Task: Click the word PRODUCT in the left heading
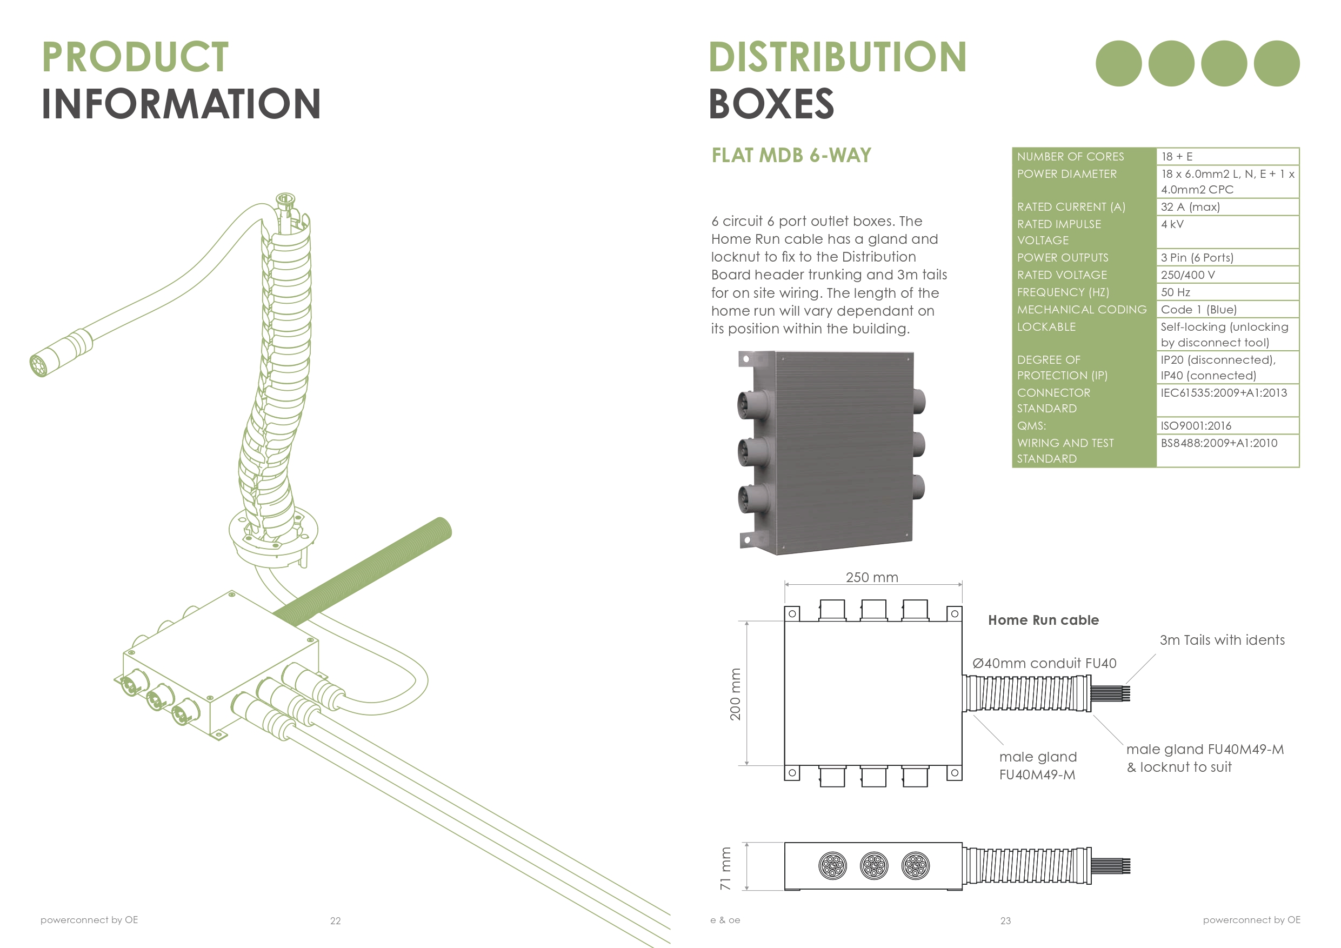pyautogui.click(x=135, y=57)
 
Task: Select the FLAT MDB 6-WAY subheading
pyautogui.click(x=791, y=155)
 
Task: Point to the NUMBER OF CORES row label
pyautogui.click(x=1070, y=157)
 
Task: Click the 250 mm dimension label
pyautogui.click(x=871, y=577)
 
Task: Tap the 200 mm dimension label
pyautogui.click(x=735, y=694)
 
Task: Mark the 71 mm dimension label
pyautogui.click(x=725, y=868)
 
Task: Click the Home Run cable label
pyautogui.click(x=1043, y=620)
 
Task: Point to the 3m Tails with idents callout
pyautogui.click(x=1222, y=640)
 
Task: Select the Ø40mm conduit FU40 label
pyautogui.click(x=1044, y=663)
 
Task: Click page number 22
pyautogui.click(x=335, y=920)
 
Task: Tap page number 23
pyautogui.click(x=1005, y=920)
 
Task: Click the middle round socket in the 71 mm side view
pyautogui.click(x=874, y=866)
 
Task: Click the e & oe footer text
pyautogui.click(x=725, y=920)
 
